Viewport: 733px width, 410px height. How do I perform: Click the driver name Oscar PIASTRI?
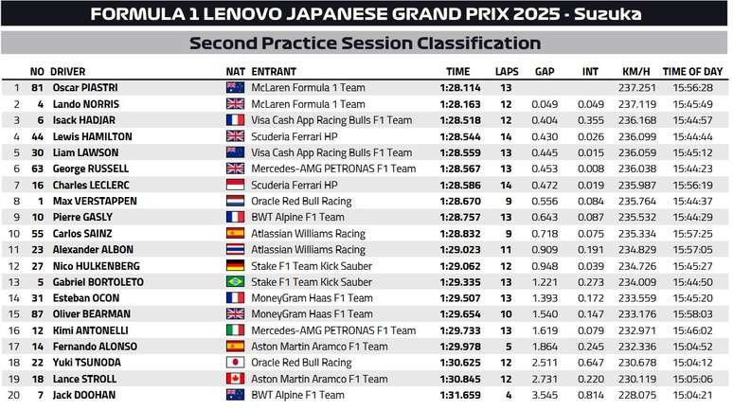click(x=81, y=88)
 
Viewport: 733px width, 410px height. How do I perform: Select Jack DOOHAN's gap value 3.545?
click(x=544, y=395)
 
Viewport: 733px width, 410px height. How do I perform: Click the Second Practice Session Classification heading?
click(x=366, y=44)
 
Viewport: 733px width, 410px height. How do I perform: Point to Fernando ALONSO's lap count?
click(x=507, y=347)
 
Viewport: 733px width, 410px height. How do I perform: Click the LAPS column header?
click(x=507, y=71)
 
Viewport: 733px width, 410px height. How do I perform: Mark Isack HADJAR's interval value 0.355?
click(x=591, y=120)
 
